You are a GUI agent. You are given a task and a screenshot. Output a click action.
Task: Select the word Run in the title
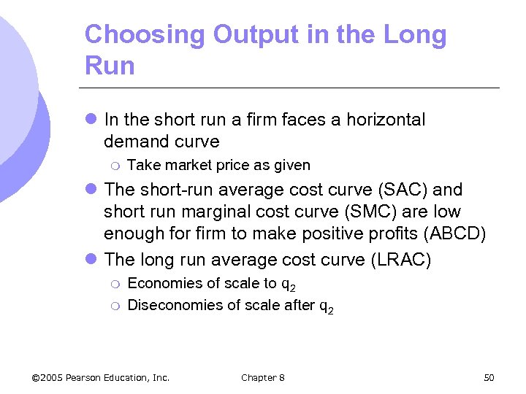pos(110,66)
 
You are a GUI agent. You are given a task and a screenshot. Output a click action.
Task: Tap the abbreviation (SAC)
pos(397,190)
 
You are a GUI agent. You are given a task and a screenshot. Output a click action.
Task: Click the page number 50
pos(489,377)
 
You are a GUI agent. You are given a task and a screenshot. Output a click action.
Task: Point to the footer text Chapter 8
pos(263,377)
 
